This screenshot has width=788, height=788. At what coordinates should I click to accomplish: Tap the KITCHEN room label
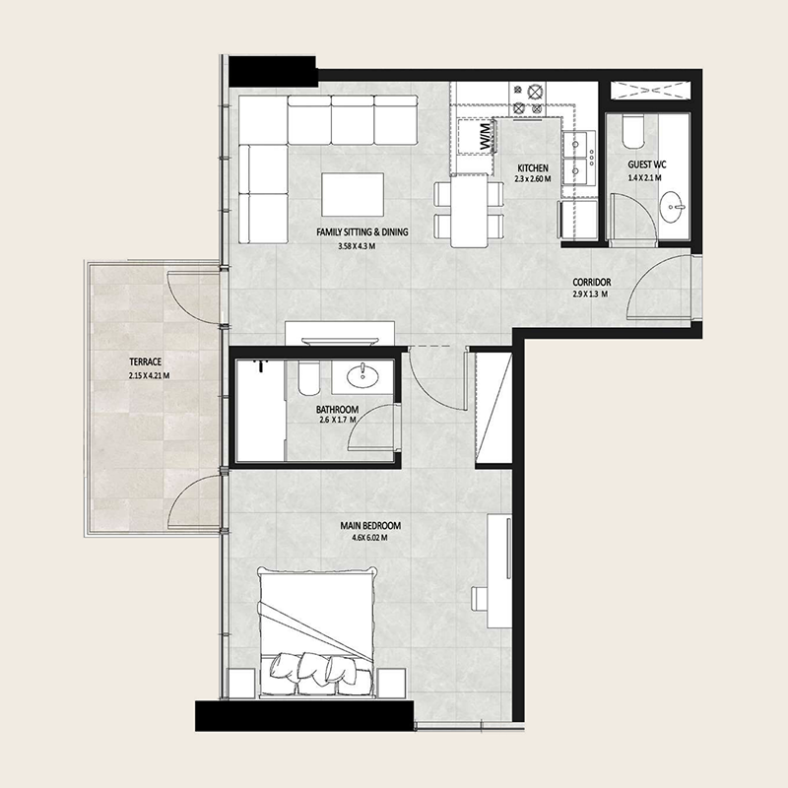click(532, 168)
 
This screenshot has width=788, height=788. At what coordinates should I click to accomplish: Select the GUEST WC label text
click(648, 165)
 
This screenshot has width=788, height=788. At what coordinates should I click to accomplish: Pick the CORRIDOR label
click(592, 282)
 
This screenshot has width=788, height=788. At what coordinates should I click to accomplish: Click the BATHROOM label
click(337, 409)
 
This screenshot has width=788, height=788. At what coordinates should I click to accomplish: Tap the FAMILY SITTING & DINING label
click(361, 232)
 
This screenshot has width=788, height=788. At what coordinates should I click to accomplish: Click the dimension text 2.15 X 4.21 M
click(149, 375)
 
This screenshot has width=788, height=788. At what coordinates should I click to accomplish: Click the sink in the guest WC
click(674, 208)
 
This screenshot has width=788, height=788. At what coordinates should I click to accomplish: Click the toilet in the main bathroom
click(305, 378)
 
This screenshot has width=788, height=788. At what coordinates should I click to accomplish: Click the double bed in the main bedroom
click(317, 630)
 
